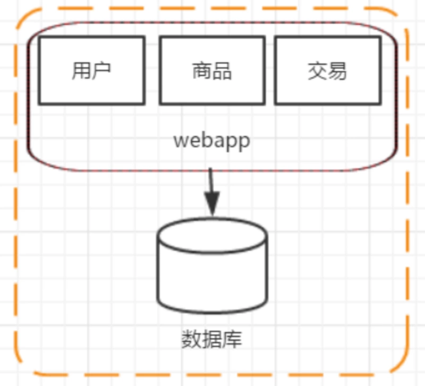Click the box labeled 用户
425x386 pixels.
pos(91,71)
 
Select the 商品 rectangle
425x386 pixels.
pos(212,71)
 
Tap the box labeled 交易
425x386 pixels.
pos(328,71)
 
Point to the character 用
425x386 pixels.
pos(81,71)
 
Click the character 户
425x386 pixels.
pos(101,71)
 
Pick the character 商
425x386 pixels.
pos(202,71)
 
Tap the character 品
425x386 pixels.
pos(222,71)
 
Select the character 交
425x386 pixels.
pos(318,71)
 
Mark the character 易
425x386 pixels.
pos(337,71)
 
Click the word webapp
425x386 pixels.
pos(211,141)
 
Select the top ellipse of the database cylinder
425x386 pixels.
pos(212,235)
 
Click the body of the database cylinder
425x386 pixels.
pos(212,279)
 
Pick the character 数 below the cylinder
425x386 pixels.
pos(192,339)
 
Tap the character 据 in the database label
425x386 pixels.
pos(211,339)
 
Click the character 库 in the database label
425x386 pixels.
pos(232,339)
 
